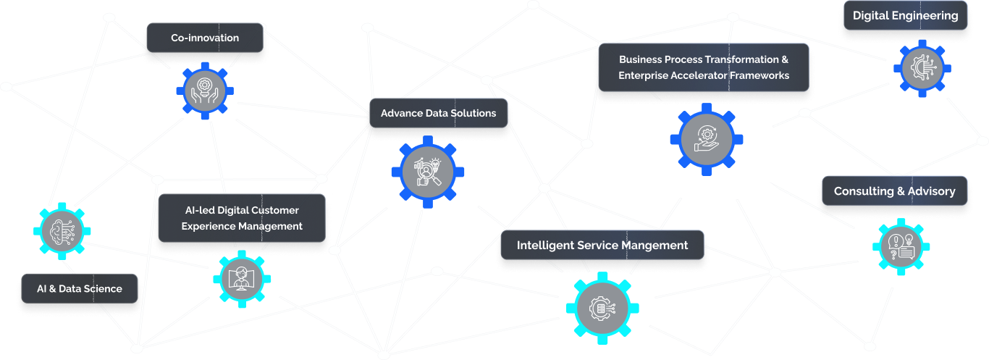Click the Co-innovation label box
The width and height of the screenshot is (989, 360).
coord(205,38)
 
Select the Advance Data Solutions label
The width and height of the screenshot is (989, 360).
coord(438,113)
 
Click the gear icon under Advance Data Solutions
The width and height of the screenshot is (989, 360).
coord(427,172)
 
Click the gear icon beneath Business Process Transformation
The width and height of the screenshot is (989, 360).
coord(707,138)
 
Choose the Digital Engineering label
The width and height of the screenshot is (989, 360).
coord(905,15)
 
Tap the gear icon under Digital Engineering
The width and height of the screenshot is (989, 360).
coord(922,68)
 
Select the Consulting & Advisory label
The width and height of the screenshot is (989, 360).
coord(894,191)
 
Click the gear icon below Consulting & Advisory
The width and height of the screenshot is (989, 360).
coord(901,246)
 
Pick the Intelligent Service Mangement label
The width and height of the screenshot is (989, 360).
coord(602,246)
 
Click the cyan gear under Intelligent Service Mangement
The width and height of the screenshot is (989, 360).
coord(602,308)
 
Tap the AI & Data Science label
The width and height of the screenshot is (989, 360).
coord(80,288)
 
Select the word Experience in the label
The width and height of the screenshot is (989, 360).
coord(210,226)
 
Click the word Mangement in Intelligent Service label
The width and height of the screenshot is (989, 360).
coord(655,246)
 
